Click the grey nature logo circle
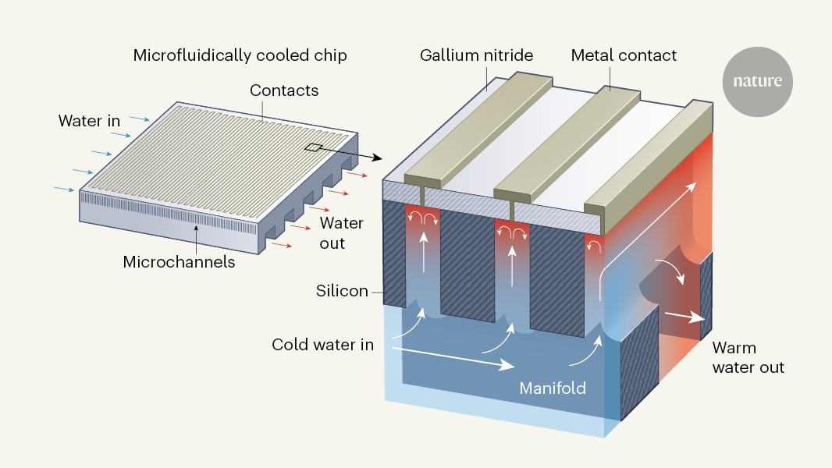tap(757, 81)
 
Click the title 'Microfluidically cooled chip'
tap(240, 55)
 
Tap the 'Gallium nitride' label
tap(476, 55)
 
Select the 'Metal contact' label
tap(624, 55)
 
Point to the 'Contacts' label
tap(284, 90)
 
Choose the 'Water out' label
tap(342, 233)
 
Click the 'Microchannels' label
tap(179, 262)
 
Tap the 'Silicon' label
tap(342, 291)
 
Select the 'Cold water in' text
tap(322, 344)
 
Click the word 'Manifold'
tap(553, 388)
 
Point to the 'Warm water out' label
tap(748, 357)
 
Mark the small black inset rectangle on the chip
tap(312, 147)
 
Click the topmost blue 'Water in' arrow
tap(138, 119)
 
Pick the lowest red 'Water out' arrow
tap(283, 246)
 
